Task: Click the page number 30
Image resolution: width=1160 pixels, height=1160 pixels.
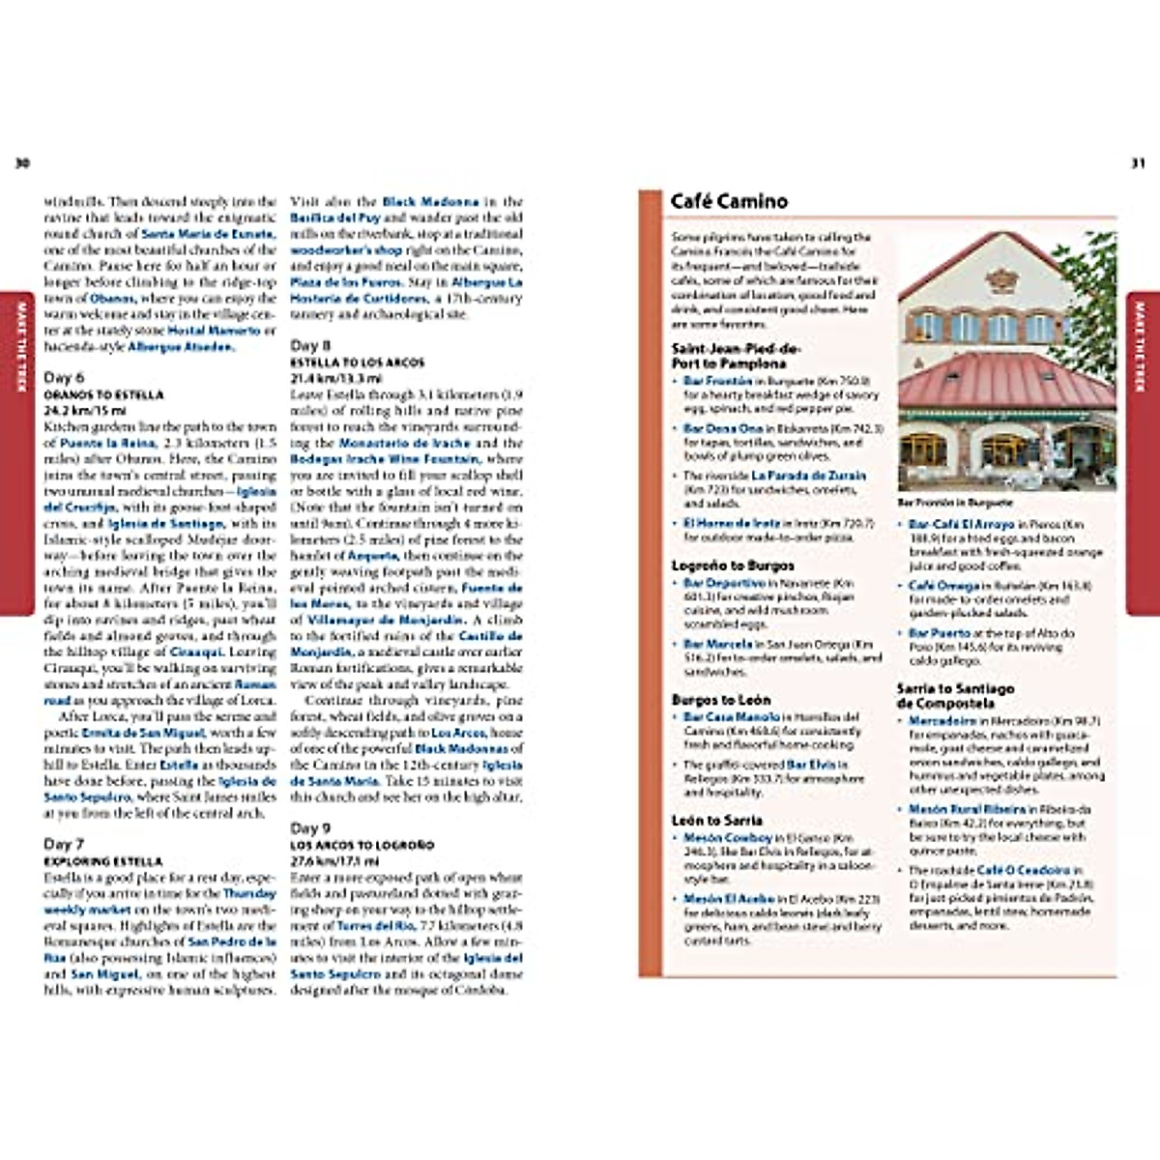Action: click(x=22, y=163)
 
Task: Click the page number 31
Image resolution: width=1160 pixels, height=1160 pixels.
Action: click(x=1138, y=163)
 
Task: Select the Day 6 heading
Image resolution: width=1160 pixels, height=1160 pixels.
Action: click(x=64, y=378)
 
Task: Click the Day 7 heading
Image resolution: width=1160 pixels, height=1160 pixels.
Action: click(x=64, y=844)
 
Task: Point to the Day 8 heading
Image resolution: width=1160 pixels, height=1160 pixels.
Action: click(x=310, y=345)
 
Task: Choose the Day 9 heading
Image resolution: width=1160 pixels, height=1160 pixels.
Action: click(x=310, y=827)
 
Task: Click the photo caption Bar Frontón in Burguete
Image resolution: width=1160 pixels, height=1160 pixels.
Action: click(x=955, y=503)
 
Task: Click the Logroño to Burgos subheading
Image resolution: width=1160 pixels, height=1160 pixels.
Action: click(x=733, y=565)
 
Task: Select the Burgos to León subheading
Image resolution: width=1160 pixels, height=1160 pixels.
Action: click(x=721, y=700)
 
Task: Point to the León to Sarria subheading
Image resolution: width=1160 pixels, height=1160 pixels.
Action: click(x=716, y=821)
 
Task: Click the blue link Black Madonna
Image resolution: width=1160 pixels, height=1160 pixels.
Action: click(x=430, y=202)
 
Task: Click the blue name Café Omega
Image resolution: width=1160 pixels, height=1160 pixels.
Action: click(x=944, y=586)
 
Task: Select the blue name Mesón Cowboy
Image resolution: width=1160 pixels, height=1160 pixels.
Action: click(x=728, y=838)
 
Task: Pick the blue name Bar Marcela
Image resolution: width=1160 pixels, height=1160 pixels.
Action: click(x=717, y=644)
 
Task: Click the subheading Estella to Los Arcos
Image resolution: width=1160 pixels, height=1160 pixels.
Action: click(x=357, y=362)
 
